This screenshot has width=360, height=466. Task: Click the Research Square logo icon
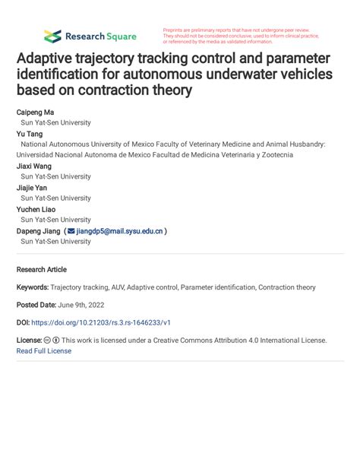52,36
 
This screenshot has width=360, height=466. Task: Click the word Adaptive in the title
49,59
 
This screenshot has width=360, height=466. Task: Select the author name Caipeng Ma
36,112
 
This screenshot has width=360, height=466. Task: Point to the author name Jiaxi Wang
34,166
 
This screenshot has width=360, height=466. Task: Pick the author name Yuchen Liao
36,209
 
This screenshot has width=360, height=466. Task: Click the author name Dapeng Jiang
39,230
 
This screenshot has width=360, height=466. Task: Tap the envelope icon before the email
71,230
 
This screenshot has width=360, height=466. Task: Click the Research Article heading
42,269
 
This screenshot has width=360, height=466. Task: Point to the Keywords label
32,288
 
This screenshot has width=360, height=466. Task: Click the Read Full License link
44,350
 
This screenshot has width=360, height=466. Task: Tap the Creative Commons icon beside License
47,341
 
